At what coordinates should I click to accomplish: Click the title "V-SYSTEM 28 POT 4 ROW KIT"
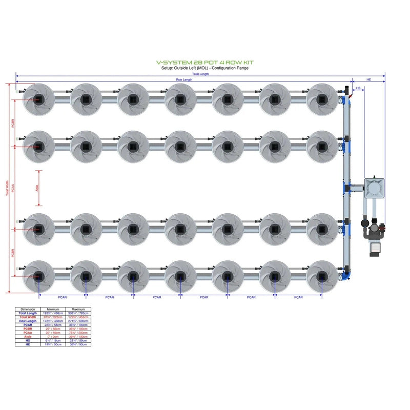coord(204,63)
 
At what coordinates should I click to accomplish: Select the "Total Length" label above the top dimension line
coord(200,74)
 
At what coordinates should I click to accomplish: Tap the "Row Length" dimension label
coord(184,79)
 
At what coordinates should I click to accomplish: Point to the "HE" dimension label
coord(368,79)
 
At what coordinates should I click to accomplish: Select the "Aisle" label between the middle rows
coord(37,188)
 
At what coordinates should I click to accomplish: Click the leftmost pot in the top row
coord(38,99)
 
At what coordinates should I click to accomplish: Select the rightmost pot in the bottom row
coord(321,276)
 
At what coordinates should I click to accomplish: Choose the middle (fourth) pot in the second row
coord(180,146)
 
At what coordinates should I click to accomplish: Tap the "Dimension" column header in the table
coord(28,310)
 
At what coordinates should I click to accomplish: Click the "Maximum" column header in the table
coord(78,310)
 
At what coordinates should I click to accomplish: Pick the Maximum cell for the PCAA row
coord(78,332)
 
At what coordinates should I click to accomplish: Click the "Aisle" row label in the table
coord(28,337)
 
